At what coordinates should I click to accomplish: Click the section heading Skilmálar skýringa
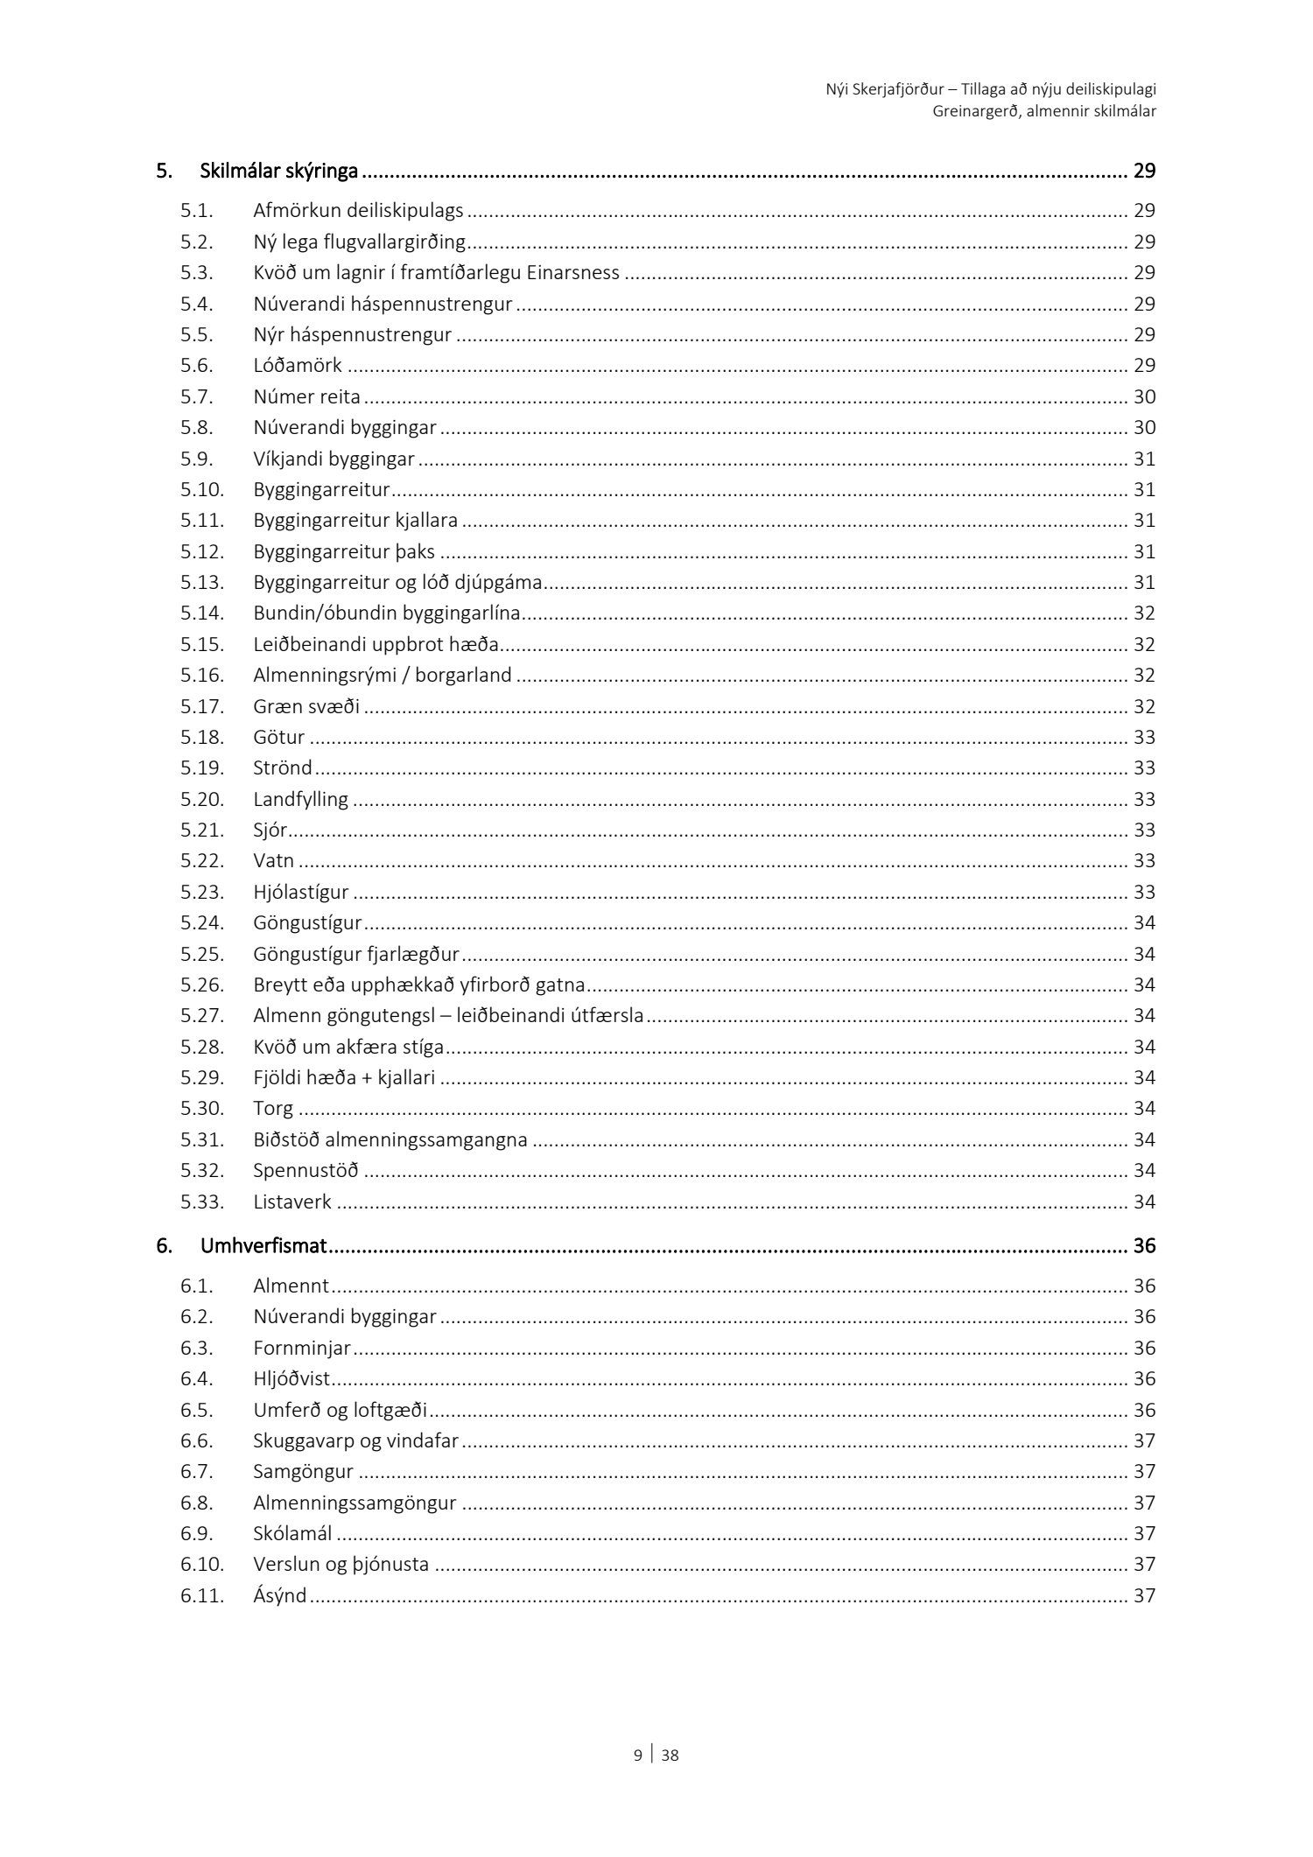(x=278, y=171)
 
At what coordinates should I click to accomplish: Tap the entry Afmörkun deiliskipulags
(x=358, y=211)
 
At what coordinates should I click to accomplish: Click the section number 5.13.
(x=202, y=582)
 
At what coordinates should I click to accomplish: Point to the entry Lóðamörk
(x=298, y=366)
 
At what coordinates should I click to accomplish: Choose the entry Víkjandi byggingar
(x=334, y=459)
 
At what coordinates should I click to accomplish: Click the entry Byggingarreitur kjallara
(x=355, y=521)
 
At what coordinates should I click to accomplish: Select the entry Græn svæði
(x=306, y=706)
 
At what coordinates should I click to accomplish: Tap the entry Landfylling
(x=300, y=799)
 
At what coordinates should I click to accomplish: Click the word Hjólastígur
(x=301, y=893)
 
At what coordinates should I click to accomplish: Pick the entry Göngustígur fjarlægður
(x=356, y=954)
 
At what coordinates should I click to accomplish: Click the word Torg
(x=273, y=1109)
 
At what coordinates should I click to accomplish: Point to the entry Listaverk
(x=292, y=1202)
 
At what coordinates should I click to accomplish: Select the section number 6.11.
(x=202, y=1595)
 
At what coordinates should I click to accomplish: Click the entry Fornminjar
(x=302, y=1348)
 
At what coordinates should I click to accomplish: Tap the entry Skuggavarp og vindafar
(x=355, y=1440)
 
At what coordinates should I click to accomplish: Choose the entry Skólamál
(x=292, y=1533)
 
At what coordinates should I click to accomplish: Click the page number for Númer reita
(x=1144, y=397)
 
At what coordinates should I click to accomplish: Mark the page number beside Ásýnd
(x=1144, y=1595)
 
